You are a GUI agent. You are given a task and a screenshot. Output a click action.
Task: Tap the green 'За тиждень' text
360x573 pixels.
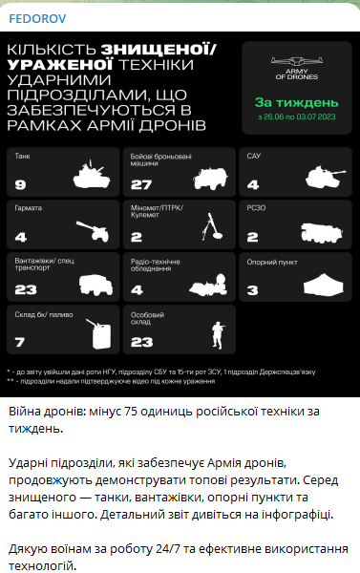tap(296, 102)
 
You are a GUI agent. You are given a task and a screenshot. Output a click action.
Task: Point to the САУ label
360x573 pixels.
tap(253, 156)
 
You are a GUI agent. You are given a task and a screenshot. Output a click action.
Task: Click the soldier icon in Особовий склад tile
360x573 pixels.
tap(215, 334)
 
